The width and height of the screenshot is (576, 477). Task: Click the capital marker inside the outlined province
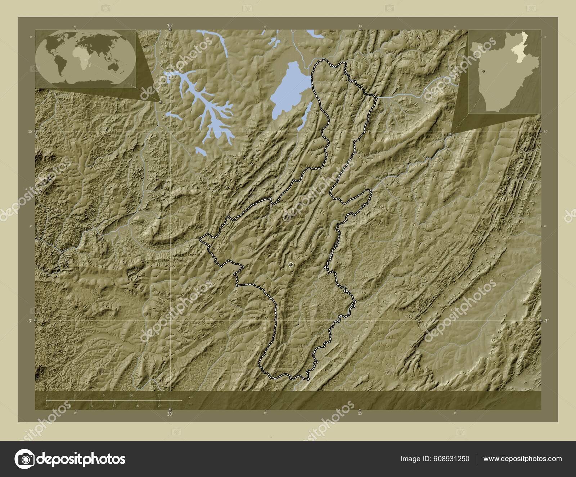[x=291, y=265]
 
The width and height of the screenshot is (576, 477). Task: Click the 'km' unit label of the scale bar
[x=191, y=397]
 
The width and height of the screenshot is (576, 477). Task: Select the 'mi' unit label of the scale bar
[x=190, y=404]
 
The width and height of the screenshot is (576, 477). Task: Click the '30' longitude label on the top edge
[x=170, y=26]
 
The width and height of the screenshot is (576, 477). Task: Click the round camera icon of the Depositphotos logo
[x=25, y=459]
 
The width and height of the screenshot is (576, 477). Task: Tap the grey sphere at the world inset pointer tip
[x=160, y=102]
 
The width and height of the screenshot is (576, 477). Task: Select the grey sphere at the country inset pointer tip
[x=451, y=134]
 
